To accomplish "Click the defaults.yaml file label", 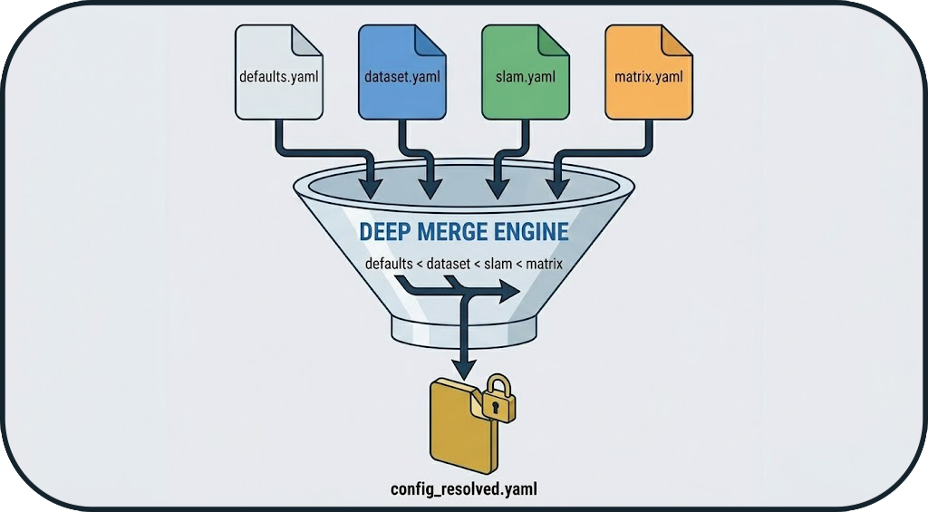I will pos(278,76).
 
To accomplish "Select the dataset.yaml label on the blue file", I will pos(401,76).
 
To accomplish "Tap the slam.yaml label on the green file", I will pos(525,76).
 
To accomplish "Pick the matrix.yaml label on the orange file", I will pos(647,76).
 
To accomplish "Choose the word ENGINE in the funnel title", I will pos(531,232).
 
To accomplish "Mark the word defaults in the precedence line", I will pos(390,265).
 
